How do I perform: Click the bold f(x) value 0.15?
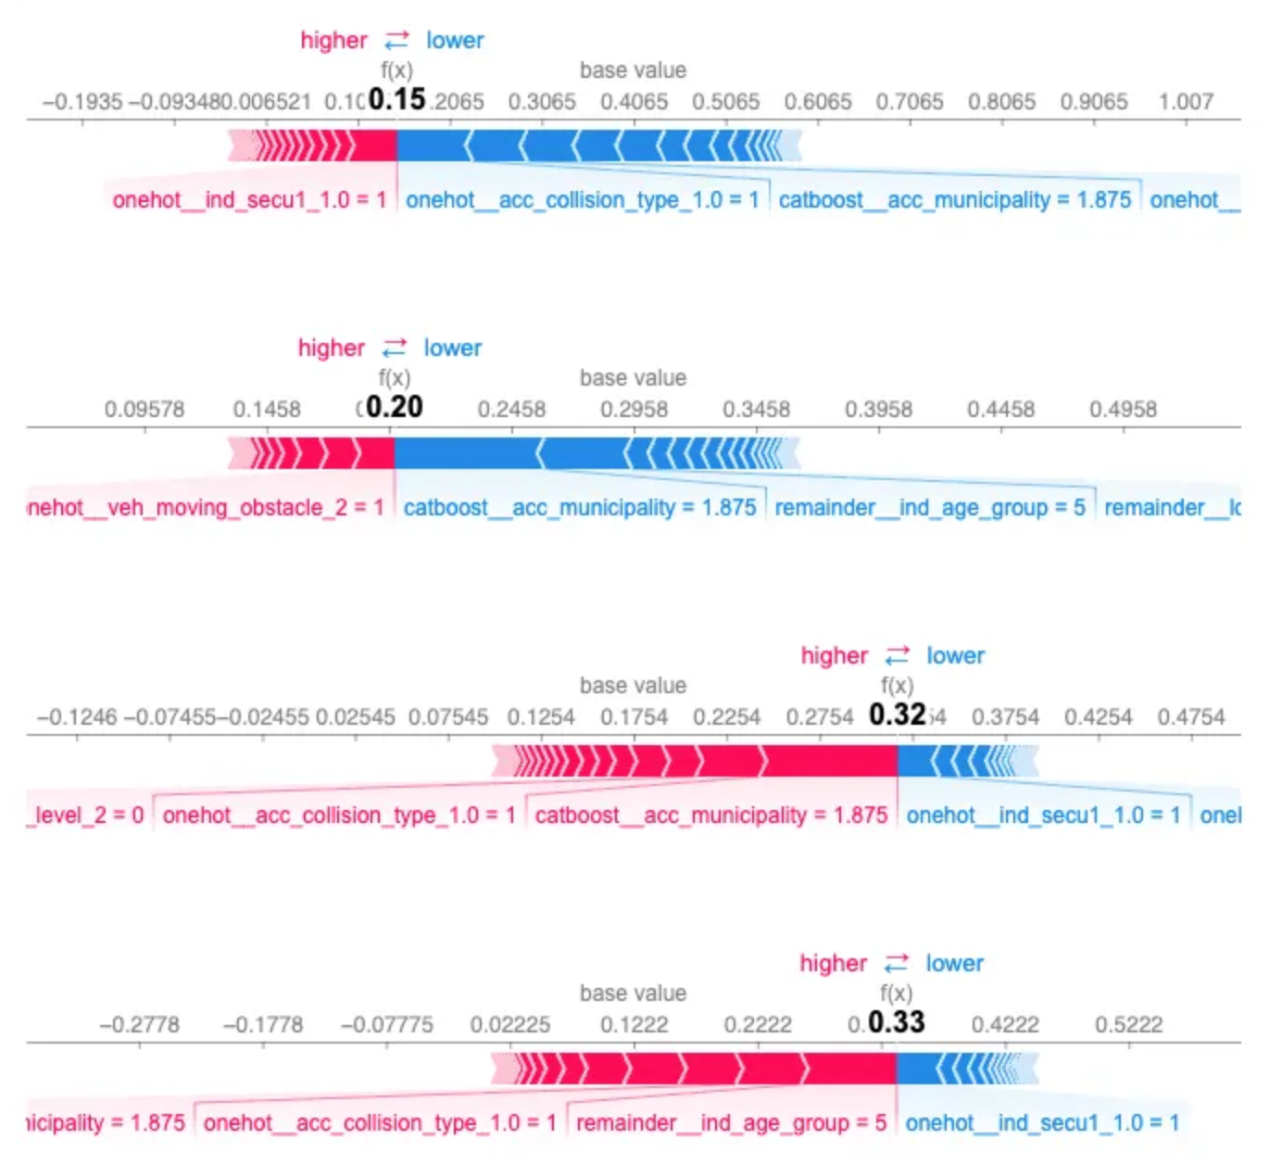point(396,99)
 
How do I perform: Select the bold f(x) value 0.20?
point(394,407)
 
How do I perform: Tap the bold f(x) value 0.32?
point(897,715)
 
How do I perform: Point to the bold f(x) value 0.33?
point(896,1022)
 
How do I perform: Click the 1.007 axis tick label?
point(1186,102)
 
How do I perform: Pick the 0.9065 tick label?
point(1094,102)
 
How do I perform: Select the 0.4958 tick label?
point(1123,410)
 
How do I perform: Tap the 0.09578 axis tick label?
point(145,410)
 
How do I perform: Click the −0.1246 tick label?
point(77,717)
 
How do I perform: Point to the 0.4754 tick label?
point(1190,717)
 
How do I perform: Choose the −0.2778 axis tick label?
point(139,1025)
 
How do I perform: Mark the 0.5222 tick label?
point(1128,1025)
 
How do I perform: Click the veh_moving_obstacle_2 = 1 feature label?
point(206,508)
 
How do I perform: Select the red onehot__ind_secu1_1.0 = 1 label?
point(249,200)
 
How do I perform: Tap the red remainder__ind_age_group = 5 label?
point(731,1123)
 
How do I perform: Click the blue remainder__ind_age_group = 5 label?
point(929,508)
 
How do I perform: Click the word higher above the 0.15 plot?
point(333,41)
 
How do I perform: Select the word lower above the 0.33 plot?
point(954,964)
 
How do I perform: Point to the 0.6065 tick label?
point(817,102)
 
